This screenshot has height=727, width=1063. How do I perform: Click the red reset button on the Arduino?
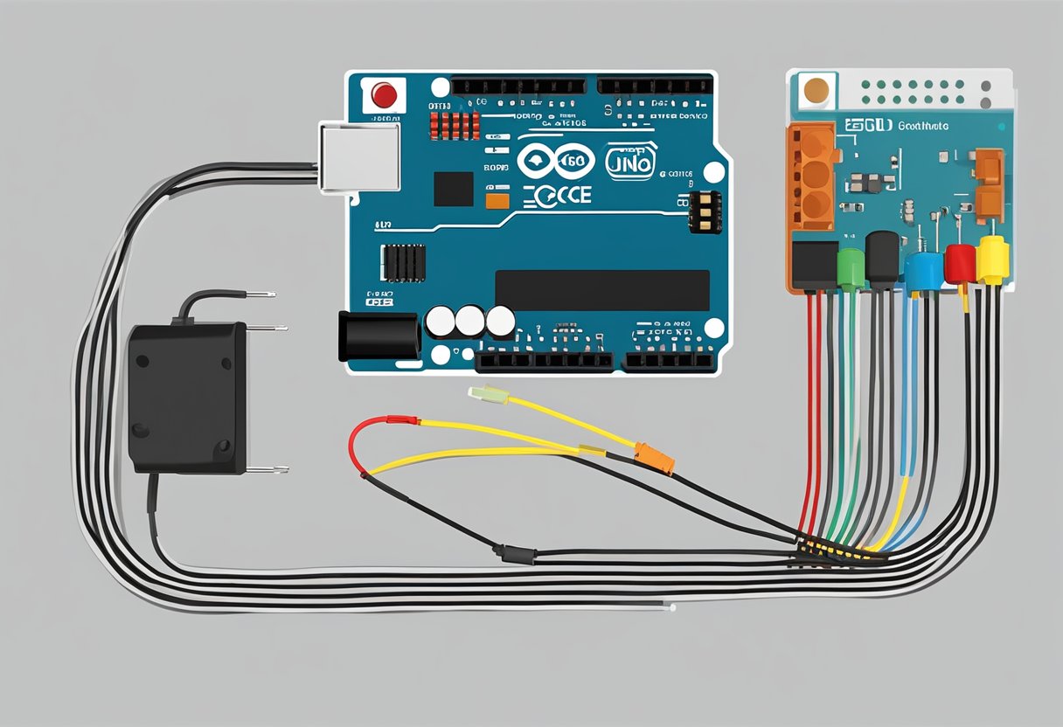point(384,93)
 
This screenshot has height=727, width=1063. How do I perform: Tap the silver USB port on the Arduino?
point(359,156)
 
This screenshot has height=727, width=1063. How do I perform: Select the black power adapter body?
point(187,398)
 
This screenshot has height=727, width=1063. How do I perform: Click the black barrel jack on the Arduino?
point(379,335)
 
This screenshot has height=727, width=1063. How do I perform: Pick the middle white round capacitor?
point(469,322)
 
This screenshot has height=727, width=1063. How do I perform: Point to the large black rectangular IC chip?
point(602,290)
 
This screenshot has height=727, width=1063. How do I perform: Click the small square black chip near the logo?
point(453,189)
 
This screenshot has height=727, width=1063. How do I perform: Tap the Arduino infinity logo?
point(556,162)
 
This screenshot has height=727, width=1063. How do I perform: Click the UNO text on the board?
point(629,163)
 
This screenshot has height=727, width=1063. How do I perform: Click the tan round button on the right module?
point(815,90)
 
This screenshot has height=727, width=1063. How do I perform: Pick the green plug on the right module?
point(851,268)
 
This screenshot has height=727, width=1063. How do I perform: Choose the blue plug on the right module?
point(923,270)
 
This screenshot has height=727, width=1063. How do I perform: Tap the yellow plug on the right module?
point(992,260)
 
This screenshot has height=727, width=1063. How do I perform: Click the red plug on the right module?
point(960,263)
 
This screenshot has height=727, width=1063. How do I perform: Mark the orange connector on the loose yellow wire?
point(655,458)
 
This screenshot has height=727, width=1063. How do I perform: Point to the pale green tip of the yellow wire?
point(482,394)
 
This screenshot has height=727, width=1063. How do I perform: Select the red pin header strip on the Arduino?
point(455,125)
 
